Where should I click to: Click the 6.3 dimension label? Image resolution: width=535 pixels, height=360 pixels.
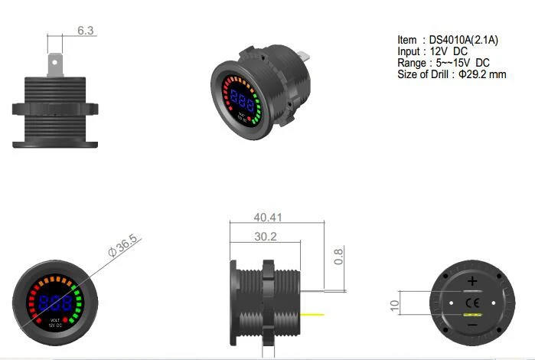pos(86,31)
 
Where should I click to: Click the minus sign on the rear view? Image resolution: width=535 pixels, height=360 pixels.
pos(472,326)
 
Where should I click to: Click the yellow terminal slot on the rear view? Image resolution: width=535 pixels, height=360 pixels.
pos(472,315)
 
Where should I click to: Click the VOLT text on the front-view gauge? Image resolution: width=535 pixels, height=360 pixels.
pos(55,319)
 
